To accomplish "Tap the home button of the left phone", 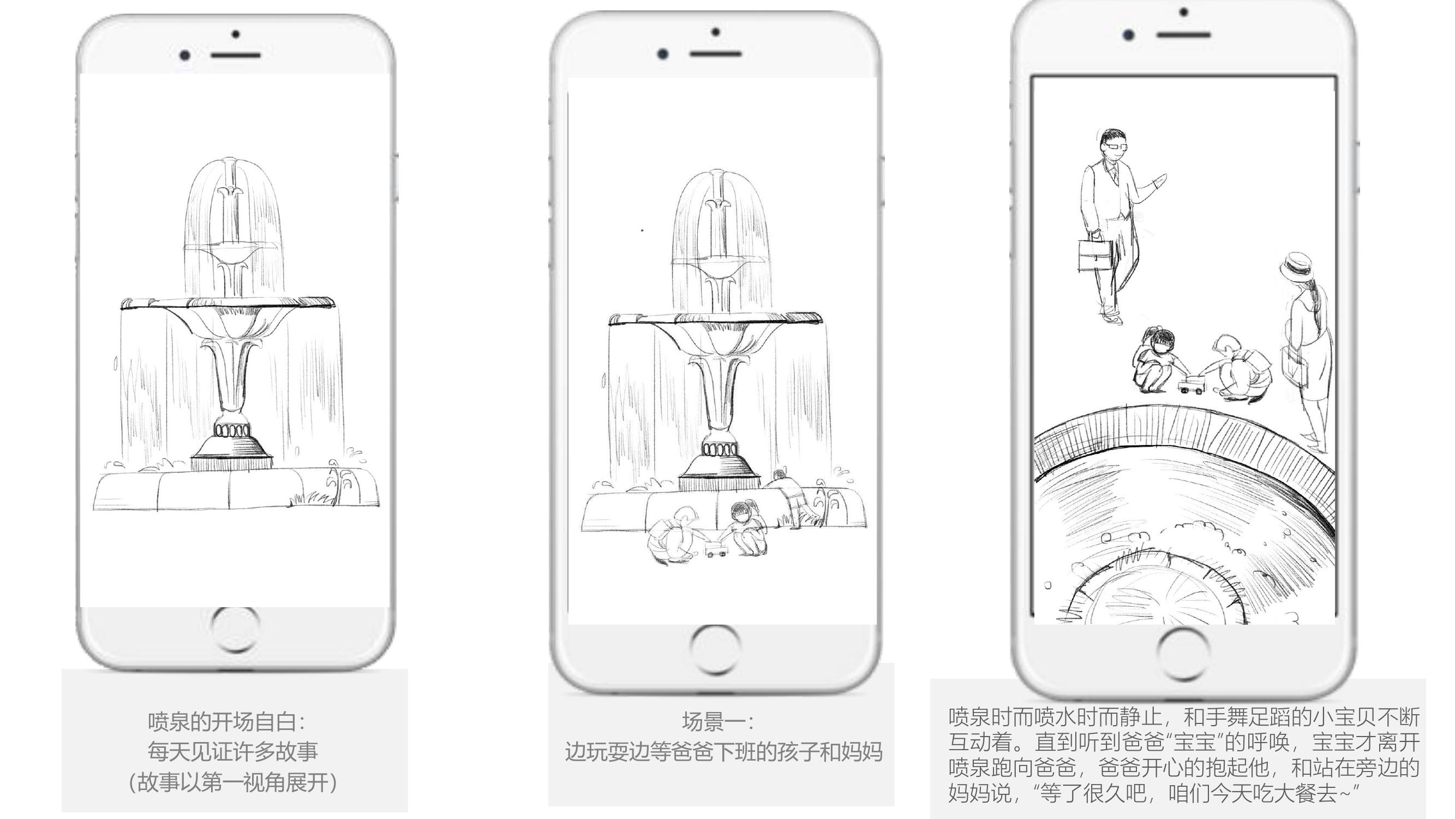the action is (236, 628).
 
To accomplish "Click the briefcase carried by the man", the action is (1096, 255).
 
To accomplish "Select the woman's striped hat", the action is (1295, 267).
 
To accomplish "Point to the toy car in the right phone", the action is (1190, 385).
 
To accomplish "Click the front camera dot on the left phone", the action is (185, 55).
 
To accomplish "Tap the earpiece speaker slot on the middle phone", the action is (716, 54).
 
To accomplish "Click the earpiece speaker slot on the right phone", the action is (1184, 35).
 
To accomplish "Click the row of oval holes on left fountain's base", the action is (231, 431).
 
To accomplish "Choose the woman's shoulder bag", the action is (1294, 365).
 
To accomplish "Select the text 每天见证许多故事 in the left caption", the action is (233, 752).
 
